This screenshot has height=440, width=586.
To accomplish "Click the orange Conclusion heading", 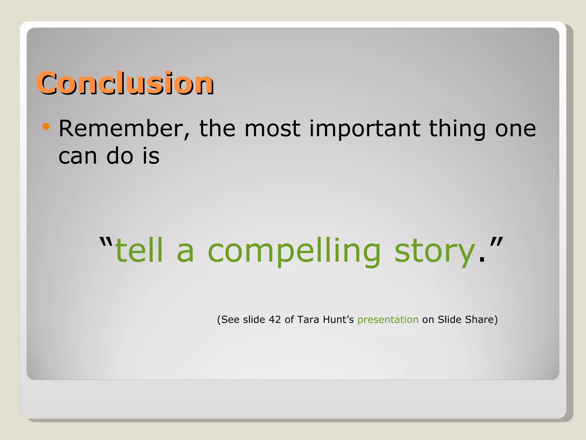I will click(x=125, y=83).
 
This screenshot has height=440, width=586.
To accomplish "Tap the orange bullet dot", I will click(x=46, y=126).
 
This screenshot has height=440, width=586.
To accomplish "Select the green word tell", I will click(x=139, y=251).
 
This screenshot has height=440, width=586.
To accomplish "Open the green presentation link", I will click(x=388, y=320).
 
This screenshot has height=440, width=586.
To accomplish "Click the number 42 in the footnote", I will click(x=275, y=319).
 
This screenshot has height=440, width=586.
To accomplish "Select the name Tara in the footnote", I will click(x=308, y=319).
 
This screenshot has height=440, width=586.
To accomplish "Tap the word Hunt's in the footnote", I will click(x=338, y=319).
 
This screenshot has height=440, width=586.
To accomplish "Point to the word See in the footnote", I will click(x=230, y=319).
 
